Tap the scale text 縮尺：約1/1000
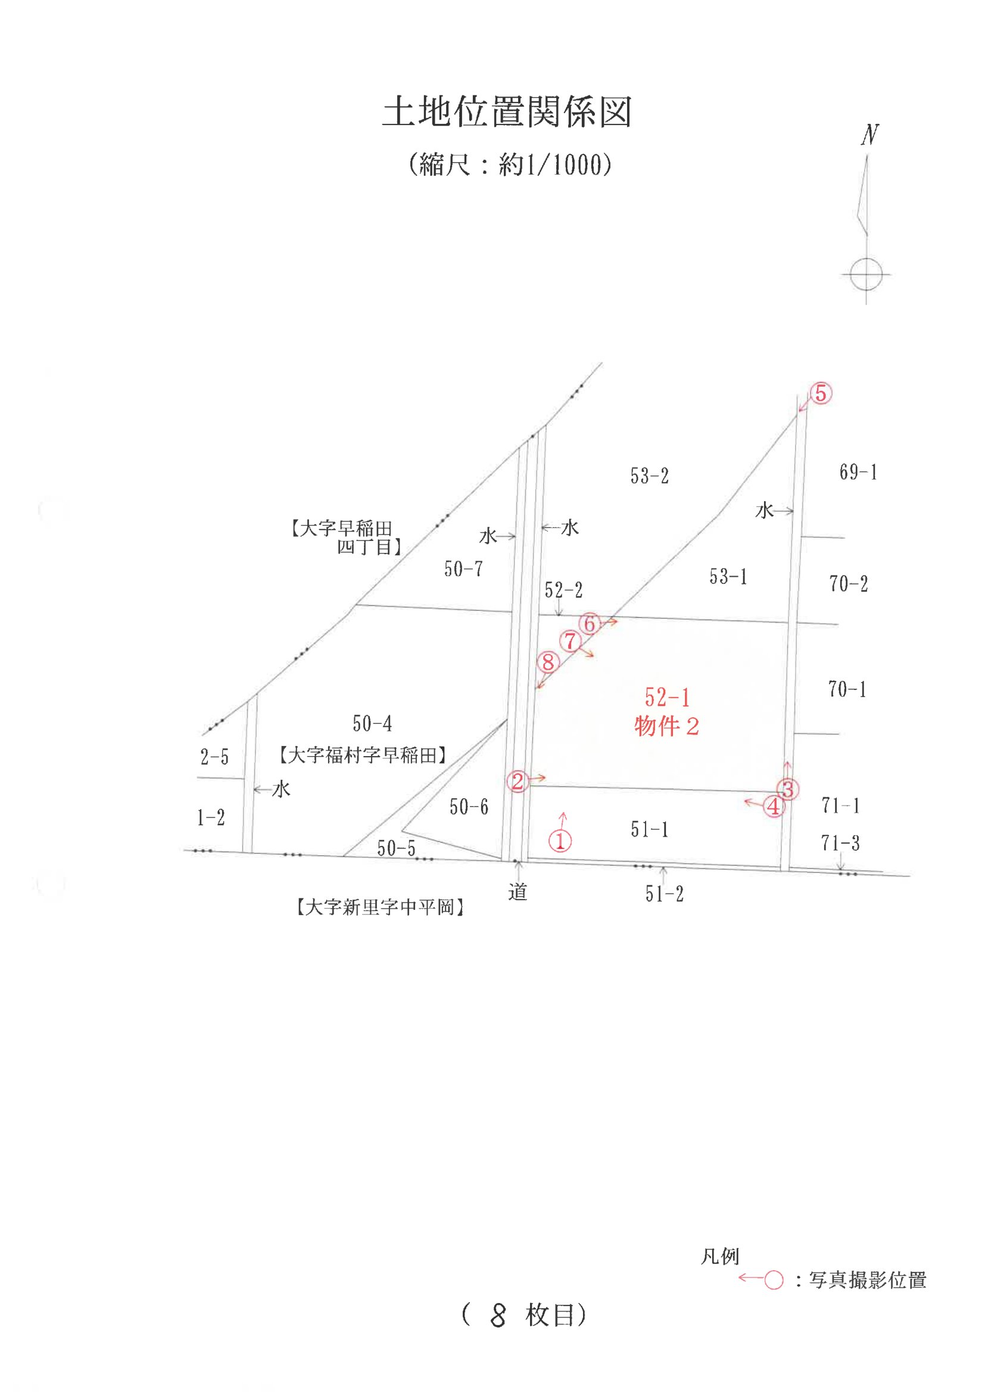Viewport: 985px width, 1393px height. [x=510, y=164]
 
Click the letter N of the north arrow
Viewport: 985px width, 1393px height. [x=869, y=135]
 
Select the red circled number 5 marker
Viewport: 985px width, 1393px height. [x=820, y=393]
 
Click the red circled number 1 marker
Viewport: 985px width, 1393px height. [x=560, y=841]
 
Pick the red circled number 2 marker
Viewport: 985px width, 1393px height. [x=518, y=781]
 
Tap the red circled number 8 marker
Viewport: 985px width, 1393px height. [x=548, y=662]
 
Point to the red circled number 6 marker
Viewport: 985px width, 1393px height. [x=589, y=623]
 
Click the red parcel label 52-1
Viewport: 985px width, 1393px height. [x=667, y=698]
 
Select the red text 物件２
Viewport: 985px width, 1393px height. [x=666, y=726]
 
